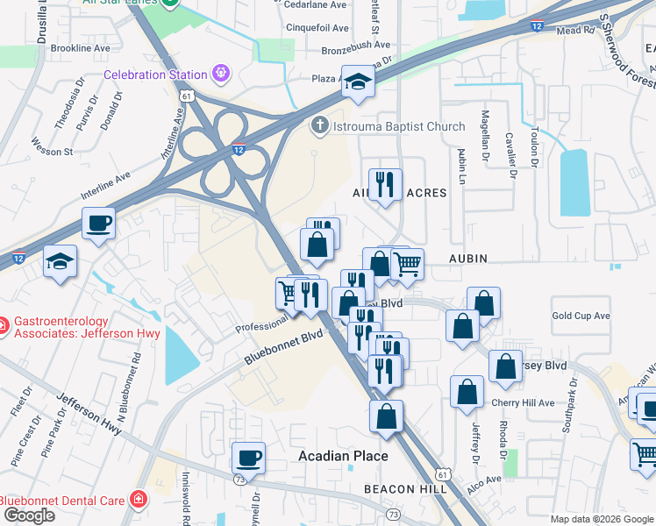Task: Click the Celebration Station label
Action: pos(155,75)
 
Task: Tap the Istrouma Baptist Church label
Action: pos(398,127)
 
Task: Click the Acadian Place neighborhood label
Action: pos(343,456)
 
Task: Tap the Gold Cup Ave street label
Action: pos(581,316)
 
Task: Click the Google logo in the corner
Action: pos(28,515)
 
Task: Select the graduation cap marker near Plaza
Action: pos(358,82)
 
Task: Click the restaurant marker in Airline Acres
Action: pos(384,185)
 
